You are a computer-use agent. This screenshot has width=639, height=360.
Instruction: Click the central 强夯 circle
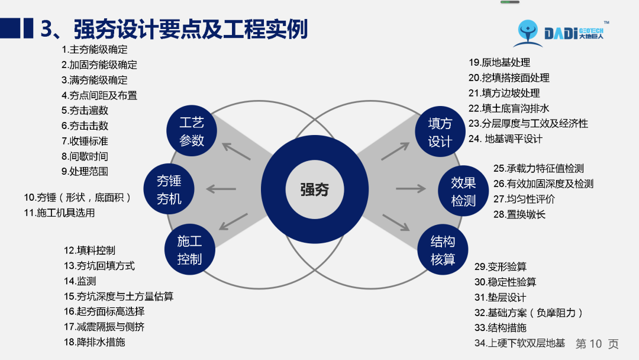(314, 189)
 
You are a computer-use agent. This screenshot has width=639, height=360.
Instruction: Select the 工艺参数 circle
(192, 131)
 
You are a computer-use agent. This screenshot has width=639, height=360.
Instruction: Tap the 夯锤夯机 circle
(169, 189)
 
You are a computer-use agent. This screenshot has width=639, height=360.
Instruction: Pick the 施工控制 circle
(189, 249)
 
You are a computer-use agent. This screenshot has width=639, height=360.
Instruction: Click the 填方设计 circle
(440, 131)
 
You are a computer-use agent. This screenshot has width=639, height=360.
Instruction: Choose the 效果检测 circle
(463, 191)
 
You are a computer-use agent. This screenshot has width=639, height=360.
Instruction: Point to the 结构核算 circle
(443, 249)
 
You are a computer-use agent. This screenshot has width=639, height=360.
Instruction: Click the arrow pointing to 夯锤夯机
(221, 189)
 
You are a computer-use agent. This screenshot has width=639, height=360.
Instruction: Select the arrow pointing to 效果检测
(411, 189)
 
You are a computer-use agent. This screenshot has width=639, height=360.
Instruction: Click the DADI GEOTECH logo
(559, 33)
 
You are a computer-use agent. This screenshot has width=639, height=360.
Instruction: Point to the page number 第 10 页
(596, 343)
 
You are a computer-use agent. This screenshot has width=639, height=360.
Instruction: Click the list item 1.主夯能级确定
(94, 50)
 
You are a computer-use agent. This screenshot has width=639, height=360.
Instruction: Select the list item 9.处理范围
(85, 172)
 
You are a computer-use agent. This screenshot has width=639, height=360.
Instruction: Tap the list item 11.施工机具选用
(59, 213)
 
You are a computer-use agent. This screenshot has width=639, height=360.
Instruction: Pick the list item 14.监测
(80, 281)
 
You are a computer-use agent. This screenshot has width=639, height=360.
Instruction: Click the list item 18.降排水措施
(94, 342)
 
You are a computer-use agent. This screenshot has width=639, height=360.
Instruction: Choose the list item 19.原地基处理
(499, 62)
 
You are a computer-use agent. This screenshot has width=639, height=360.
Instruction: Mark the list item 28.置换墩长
(519, 214)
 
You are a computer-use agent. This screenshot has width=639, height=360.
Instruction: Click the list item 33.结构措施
(501, 327)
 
